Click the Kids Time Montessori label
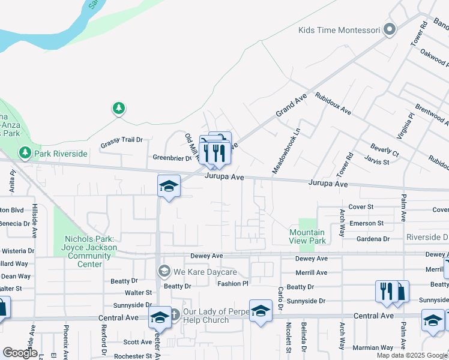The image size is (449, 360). [x=339, y=30]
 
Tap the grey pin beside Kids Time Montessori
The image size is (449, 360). [x=390, y=29]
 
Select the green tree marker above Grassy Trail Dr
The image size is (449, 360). [x=119, y=109]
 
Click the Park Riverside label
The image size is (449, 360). [x=61, y=154]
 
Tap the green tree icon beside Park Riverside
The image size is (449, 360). [x=25, y=154]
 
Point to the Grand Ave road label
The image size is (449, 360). [x=291, y=105]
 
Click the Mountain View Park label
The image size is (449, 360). [x=307, y=236]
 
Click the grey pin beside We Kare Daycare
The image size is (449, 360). [x=164, y=272]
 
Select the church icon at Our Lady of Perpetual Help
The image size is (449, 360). [x=174, y=314]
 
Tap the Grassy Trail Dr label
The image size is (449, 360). [x=122, y=140]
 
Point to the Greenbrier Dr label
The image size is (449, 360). [x=172, y=158]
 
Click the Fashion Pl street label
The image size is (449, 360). [x=233, y=284]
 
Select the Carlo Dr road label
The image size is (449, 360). [x=280, y=298]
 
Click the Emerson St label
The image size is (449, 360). [x=367, y=223]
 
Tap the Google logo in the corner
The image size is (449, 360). [x=20, y=353]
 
